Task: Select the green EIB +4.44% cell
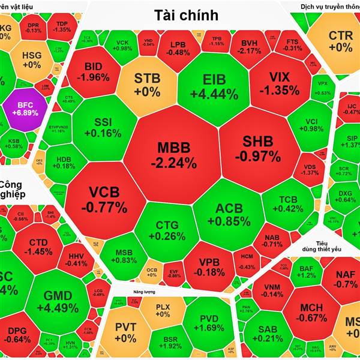pyautogui.click(x=213, y=86)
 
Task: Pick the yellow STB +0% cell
pyautogui.click(x=147, y=85)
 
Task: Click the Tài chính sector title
pyautogui.click(x=186, y=15)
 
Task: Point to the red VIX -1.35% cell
pyautogui.click(x=275, y=83)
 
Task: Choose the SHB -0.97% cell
pyautogui.click(x=258, y=149)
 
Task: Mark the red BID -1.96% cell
pyautogui.click(x=96, y=71)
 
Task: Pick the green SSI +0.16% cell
pyautogui.click(x=107, y=127)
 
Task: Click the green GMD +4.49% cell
pyautogui.click(x=58, y=302)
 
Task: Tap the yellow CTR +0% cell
pyautogui.click(x=340, y=41)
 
